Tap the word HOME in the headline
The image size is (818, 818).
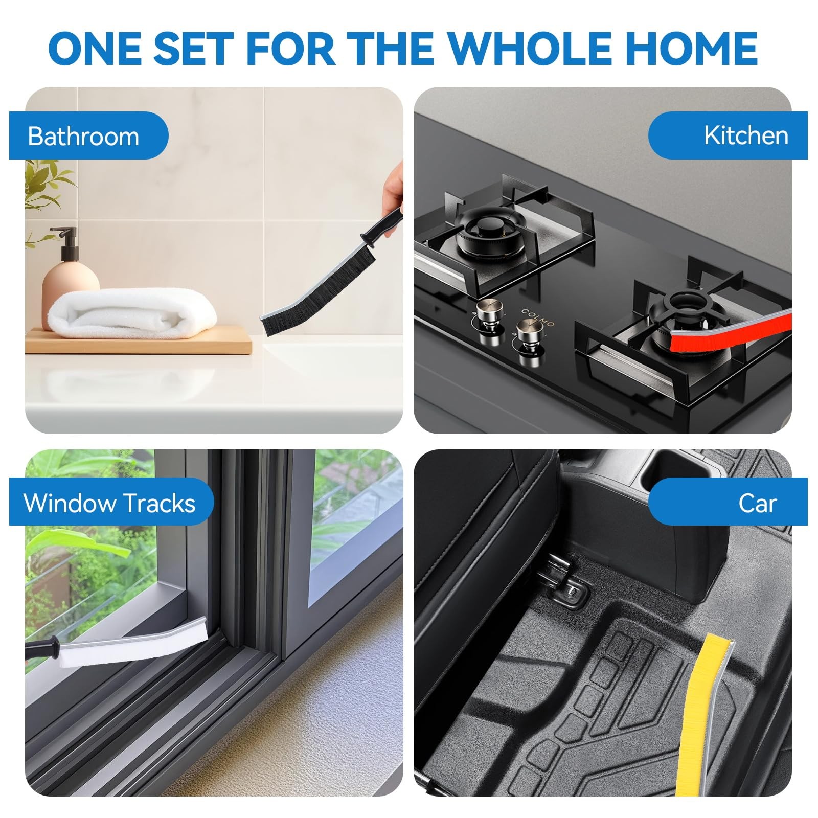[x=691, y=48]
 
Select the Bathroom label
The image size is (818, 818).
[x=83, y=137]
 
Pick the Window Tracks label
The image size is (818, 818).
[x=109, y=503]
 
